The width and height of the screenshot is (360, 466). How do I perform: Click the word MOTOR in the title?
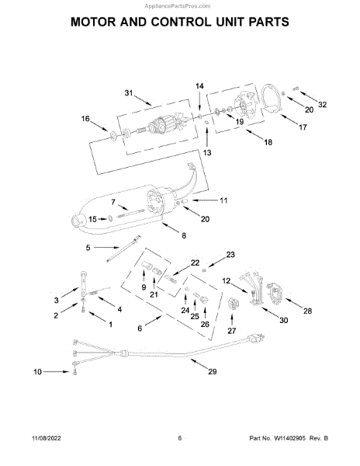tap(93, 22)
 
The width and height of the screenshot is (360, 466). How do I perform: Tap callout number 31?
tap(129, 93)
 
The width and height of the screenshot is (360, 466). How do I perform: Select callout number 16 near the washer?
tap(85, 119)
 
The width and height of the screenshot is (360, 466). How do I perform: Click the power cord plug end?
tap(258, 338)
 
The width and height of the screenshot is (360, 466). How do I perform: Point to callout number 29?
tap(213, 371)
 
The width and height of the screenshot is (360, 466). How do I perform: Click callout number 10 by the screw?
tap(37, 372)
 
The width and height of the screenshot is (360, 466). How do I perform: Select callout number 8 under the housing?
tap(184, 235)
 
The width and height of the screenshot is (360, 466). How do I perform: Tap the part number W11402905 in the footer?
tap(289, 438)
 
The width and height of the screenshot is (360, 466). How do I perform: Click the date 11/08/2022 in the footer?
tap(47, 438)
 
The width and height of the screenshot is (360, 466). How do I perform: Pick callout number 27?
tap(232, 331)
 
